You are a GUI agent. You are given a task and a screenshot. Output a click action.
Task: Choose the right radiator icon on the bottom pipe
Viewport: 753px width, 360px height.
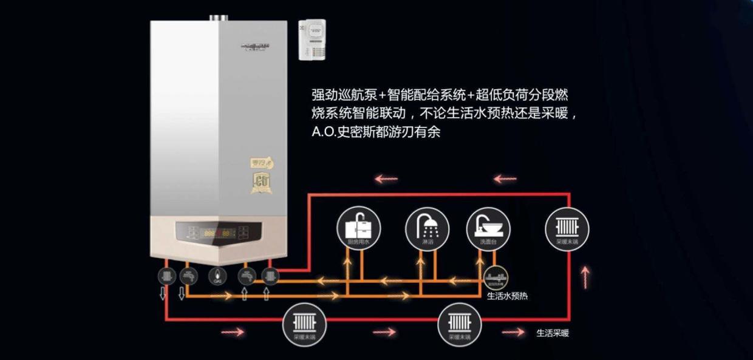click(x=460, y=324)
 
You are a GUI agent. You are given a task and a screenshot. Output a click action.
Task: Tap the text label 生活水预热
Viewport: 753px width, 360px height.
click(x=507, y=296)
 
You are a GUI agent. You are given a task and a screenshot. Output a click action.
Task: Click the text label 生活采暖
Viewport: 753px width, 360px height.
click(x=553, y=333)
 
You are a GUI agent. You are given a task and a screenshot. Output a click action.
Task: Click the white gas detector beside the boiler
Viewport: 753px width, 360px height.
click(x=312, y=39)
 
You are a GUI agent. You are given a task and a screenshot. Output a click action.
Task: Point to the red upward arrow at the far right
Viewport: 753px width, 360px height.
click(x=585, y=278)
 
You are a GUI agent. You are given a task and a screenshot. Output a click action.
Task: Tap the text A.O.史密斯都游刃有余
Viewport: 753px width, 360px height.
click(x=376, y=132)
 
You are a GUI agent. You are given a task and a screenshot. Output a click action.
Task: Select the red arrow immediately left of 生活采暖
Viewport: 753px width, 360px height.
click(x=513, y=332)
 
